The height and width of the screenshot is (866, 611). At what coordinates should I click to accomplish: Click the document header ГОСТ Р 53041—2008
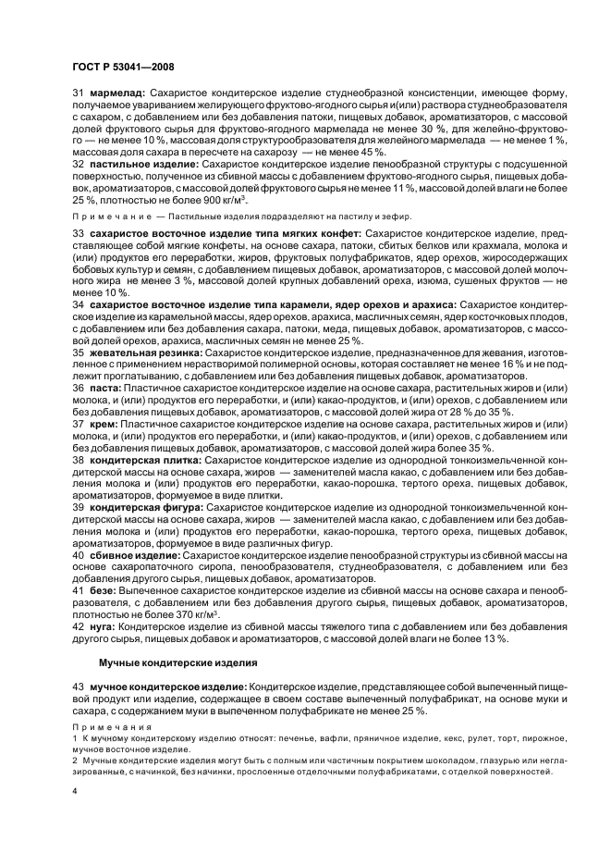click(122, 67)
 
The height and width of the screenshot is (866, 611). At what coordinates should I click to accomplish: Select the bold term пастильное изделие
click(144, 164)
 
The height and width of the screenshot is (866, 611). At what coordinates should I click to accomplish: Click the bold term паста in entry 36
click(107, 415)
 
